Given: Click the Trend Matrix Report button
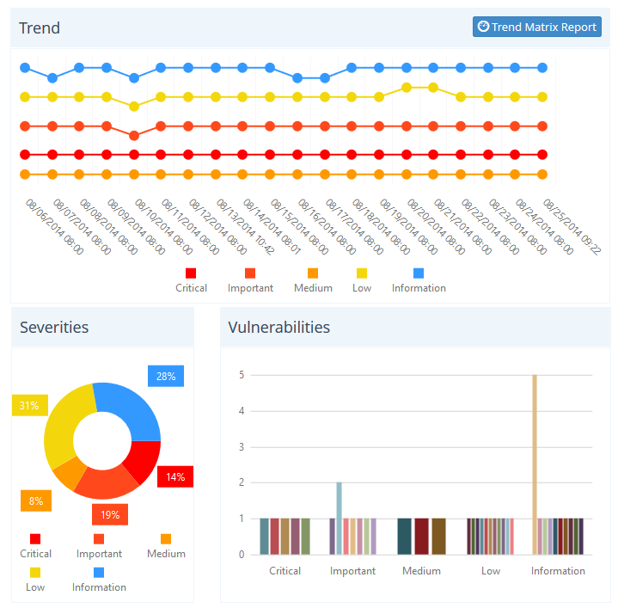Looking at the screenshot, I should (x=537, y=27).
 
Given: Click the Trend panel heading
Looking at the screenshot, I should (x=40, y=28).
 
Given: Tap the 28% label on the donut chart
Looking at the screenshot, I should (x=166, y=376).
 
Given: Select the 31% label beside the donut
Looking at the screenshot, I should (x=29, y=405).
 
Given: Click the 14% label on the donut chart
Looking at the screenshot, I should (x=175, y=476).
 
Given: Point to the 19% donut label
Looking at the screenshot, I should (x=110, y=514).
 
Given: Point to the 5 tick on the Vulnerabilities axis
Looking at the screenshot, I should (x=242, y=375).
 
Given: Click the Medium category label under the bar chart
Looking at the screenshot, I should (x=421, y=571).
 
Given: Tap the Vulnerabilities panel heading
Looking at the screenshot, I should (x=279, y=328).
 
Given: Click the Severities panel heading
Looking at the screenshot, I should (x=54, y=328).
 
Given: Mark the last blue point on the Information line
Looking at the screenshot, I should (x=542, y=67).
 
